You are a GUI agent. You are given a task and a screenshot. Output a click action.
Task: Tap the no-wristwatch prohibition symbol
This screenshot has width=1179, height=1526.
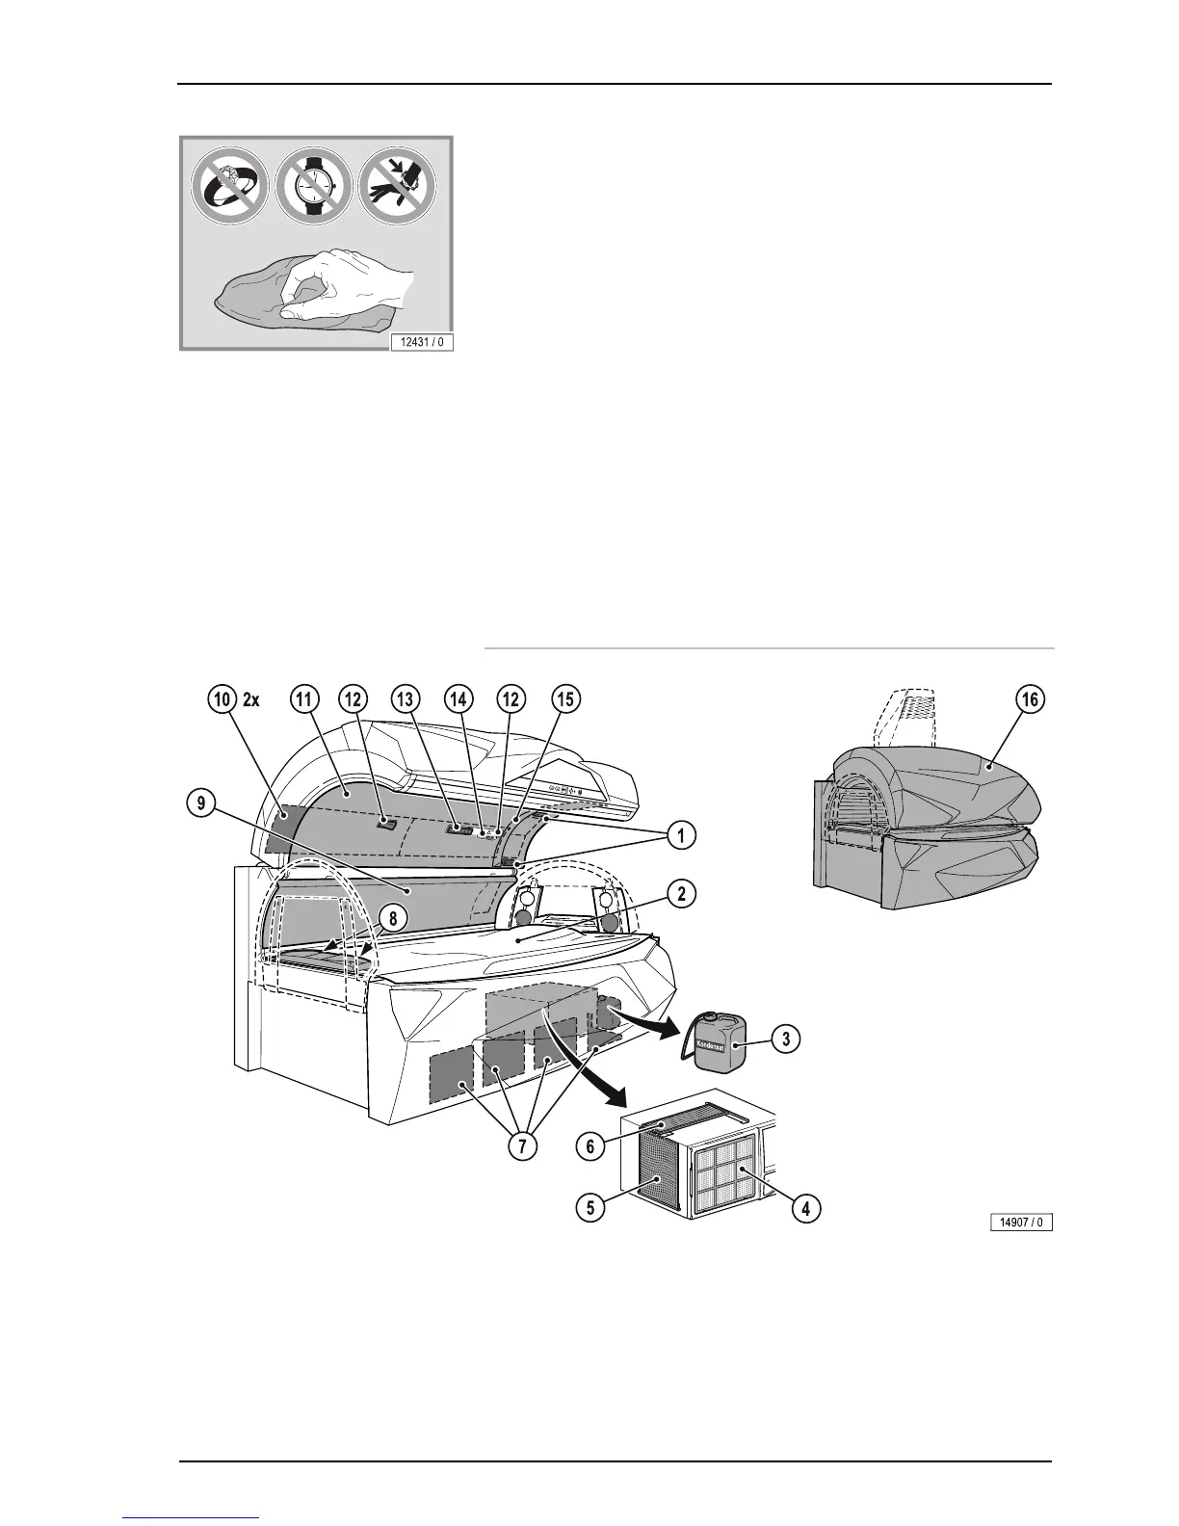(x=316, y=188)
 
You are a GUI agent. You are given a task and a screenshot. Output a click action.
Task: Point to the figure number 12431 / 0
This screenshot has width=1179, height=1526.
(x=421, y=341)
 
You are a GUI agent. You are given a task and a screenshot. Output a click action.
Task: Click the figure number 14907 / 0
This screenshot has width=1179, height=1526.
(x=1022, y=1223)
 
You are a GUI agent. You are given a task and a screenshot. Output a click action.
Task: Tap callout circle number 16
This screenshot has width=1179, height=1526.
(x=1030, y=699)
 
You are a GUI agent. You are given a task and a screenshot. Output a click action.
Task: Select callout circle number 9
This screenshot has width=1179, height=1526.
(x=201, y=804)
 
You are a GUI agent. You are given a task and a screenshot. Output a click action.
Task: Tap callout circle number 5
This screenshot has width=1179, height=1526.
(x=590, y=1207)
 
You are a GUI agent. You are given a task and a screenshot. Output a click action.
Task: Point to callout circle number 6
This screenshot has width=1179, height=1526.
(x=590, y=1145)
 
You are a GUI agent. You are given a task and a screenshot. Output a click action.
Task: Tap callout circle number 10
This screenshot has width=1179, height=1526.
(x=223, y=699)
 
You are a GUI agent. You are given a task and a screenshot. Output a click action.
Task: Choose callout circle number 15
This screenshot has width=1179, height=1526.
(x=566, y=699)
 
